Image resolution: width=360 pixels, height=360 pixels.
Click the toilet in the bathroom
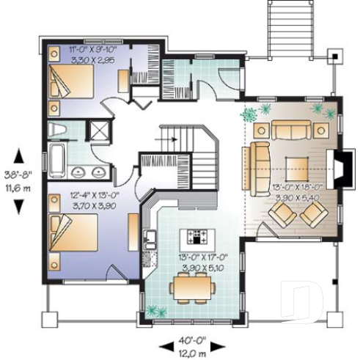(58, 131)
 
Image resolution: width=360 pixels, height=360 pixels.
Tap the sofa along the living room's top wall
(292, 130)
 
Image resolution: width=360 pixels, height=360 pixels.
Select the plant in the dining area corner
(153, 311)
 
